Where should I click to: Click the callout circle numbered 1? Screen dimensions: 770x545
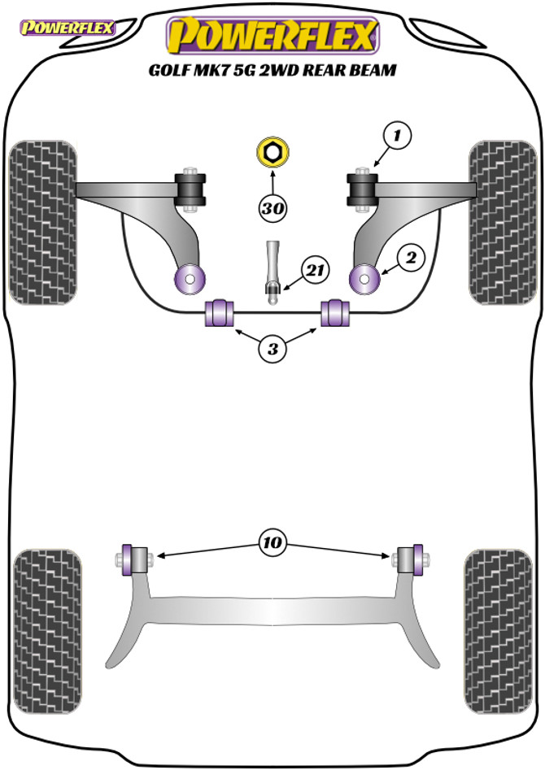[397, 136]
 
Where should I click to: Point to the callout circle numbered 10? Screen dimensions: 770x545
[272, 541]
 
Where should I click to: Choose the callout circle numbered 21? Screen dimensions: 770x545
[312, 269]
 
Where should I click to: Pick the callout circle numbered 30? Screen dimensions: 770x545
[273, 208]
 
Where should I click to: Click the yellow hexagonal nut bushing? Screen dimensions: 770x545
[272, 151]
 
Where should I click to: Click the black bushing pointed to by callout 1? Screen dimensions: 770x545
[363, 189]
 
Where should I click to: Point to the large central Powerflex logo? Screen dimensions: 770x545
[272, 35]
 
